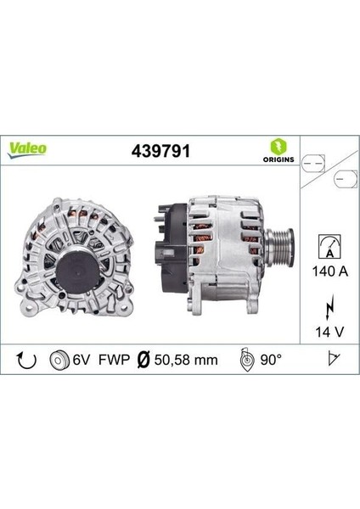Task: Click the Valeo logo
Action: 28,148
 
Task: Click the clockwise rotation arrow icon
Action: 27,361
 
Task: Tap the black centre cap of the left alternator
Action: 69,255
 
